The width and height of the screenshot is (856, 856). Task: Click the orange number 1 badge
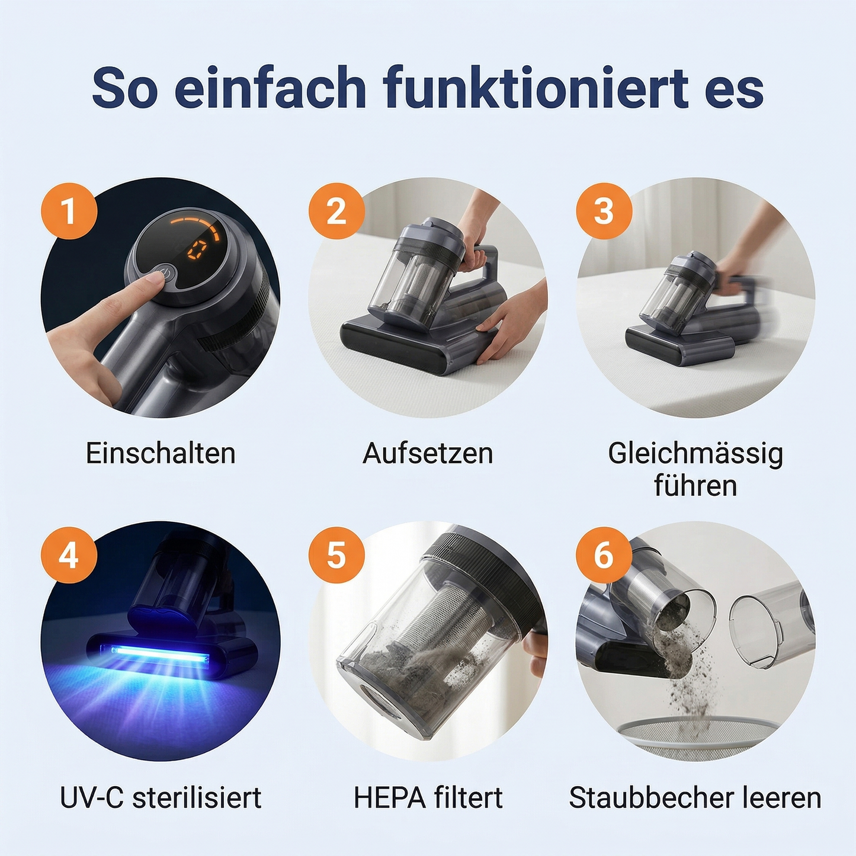69,211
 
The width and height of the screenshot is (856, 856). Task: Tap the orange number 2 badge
336,211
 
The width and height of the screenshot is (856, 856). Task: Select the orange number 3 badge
604,211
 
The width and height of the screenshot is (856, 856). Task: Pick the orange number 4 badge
69,555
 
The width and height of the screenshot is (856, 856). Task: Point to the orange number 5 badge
336,555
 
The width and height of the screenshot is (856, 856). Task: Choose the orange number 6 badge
604,555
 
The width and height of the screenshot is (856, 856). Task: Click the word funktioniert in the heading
536,89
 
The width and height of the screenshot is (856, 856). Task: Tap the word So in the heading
125,89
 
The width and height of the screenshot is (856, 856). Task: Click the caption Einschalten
161,454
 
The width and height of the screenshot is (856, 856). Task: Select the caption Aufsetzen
428,454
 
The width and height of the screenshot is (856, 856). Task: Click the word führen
695,486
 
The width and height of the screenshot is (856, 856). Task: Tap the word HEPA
389,798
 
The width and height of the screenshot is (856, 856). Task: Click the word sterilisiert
197,798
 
